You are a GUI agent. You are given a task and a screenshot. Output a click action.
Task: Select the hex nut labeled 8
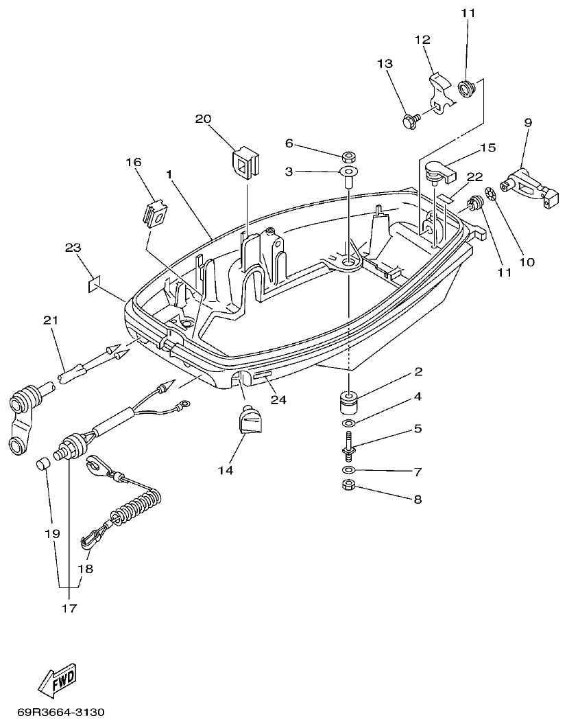(x=348, y=487)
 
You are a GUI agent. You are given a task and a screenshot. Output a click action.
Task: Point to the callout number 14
(x=226, y=470)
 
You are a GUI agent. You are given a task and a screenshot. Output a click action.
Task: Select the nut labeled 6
(x=347, y=156)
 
